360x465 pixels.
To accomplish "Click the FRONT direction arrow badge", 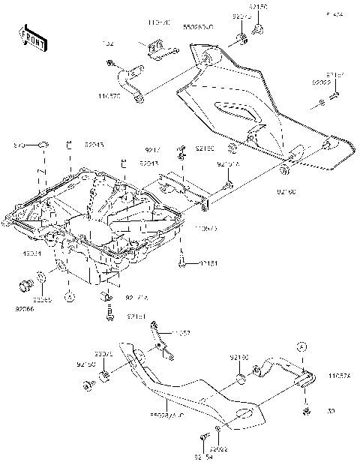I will pos(29,35).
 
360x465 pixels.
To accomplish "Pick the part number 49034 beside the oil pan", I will pos(31,253).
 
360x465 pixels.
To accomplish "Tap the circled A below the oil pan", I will pos(69,297).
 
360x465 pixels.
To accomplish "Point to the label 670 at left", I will pos(21,143).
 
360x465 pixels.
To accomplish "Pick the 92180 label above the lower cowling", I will pos(238,358).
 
